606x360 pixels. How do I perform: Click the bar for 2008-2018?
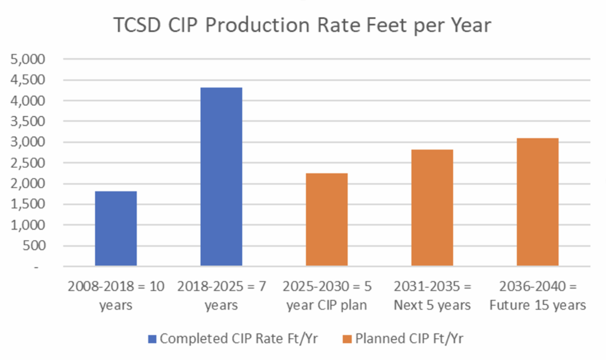(116, 229)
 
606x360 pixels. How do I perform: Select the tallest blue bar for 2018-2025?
(221, 177)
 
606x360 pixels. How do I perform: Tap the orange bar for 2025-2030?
(326, 219)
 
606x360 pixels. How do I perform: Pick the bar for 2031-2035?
(432, 208)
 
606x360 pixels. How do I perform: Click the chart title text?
(302, 24)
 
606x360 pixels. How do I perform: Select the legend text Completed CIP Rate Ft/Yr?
(239, 339)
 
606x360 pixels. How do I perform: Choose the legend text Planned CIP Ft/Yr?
(410, 339)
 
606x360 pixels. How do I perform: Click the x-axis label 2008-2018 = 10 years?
(116, 295)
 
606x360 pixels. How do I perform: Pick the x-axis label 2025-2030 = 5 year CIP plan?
(326, 295)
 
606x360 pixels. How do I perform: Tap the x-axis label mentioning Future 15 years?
(537, 295)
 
